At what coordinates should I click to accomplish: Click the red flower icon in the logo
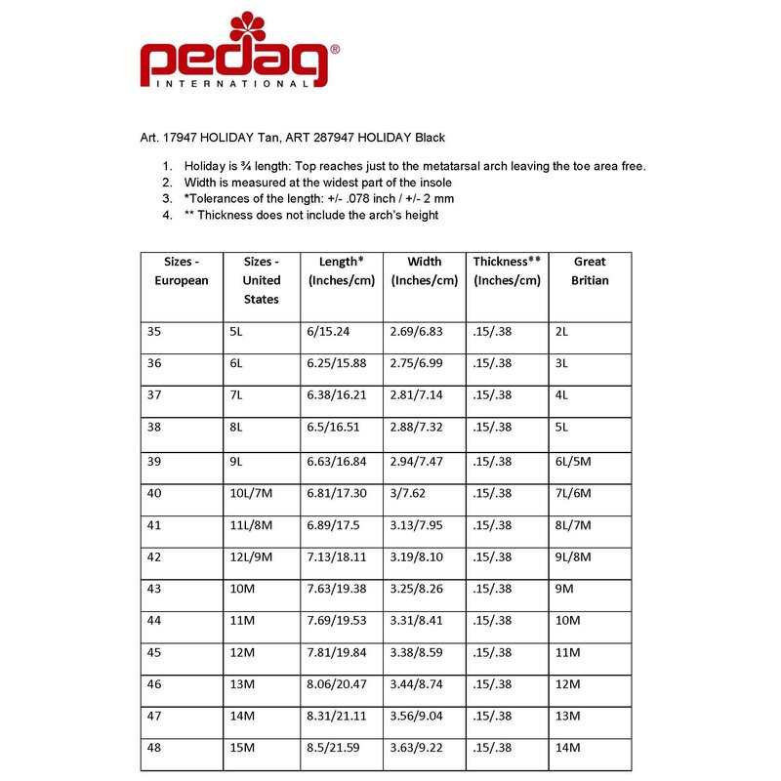(240, 27)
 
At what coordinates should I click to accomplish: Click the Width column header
(424, 270)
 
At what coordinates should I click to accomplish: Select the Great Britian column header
(590, 270)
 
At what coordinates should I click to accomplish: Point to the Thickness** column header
(507, 270)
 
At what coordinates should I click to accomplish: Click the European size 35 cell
(154, 332)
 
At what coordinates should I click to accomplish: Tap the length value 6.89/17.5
(334, 525)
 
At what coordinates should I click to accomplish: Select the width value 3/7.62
(410, 494)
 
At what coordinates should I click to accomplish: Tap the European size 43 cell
(154, 590)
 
